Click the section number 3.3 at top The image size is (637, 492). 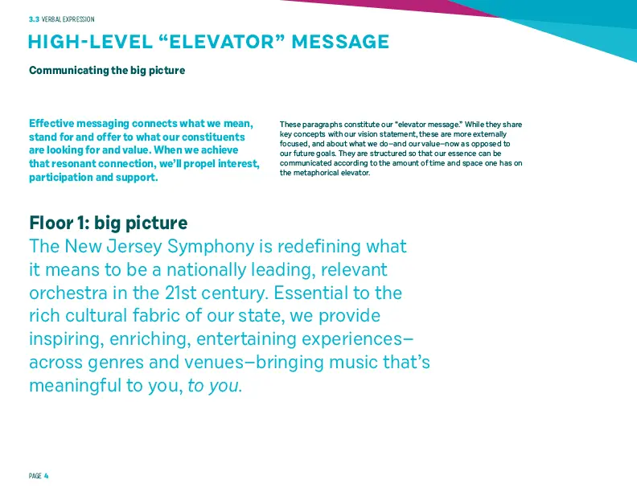tap(34, 19)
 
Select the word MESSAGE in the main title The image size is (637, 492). tap(340, 42)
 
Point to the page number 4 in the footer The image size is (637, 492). tap(47, 476)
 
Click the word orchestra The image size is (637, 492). tap(68, 293)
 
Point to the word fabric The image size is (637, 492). tap(156, 315)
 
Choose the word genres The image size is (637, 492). tap(115, 363)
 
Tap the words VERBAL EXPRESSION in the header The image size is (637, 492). tap(68, 19)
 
